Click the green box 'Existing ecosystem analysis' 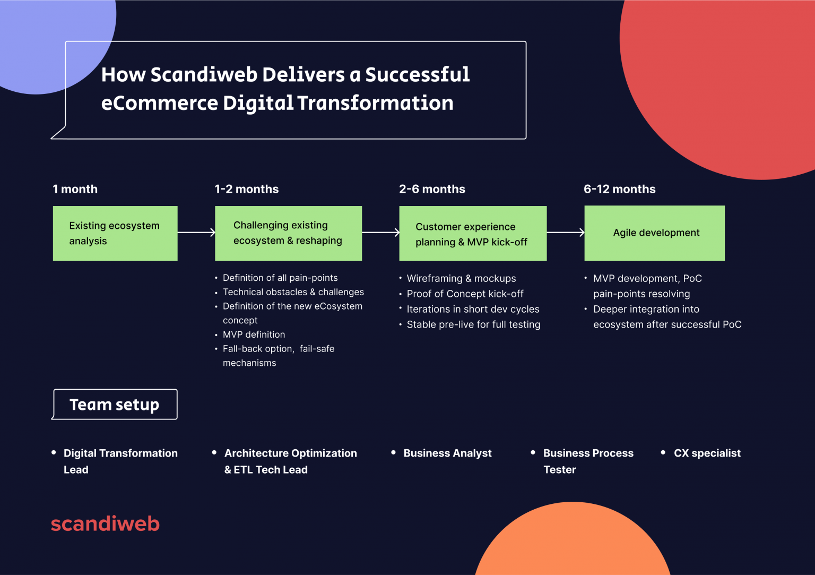coord(115,233)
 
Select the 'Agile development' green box coord(654,233)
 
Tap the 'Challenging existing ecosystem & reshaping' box coord(288,233)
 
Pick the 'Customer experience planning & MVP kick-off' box coord(472,234)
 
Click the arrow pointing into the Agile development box coord(566,233)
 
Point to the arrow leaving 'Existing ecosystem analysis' coord(196,233)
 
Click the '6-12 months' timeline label coord(619,189)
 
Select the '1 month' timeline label coord(75,189)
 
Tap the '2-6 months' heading coord(432,189)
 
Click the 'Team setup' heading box coord(115,405)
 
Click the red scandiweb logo coord(105,523)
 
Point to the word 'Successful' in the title coord(417,75)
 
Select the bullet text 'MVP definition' coord(254,334)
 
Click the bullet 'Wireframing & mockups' coord(461,278)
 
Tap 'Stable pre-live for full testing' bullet coord(473,324)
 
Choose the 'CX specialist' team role coord(707,453)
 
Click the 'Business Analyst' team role coord(447,453)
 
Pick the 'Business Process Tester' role coord(588,461)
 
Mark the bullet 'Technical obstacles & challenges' coord(293,292)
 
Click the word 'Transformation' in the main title coord(375,103)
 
